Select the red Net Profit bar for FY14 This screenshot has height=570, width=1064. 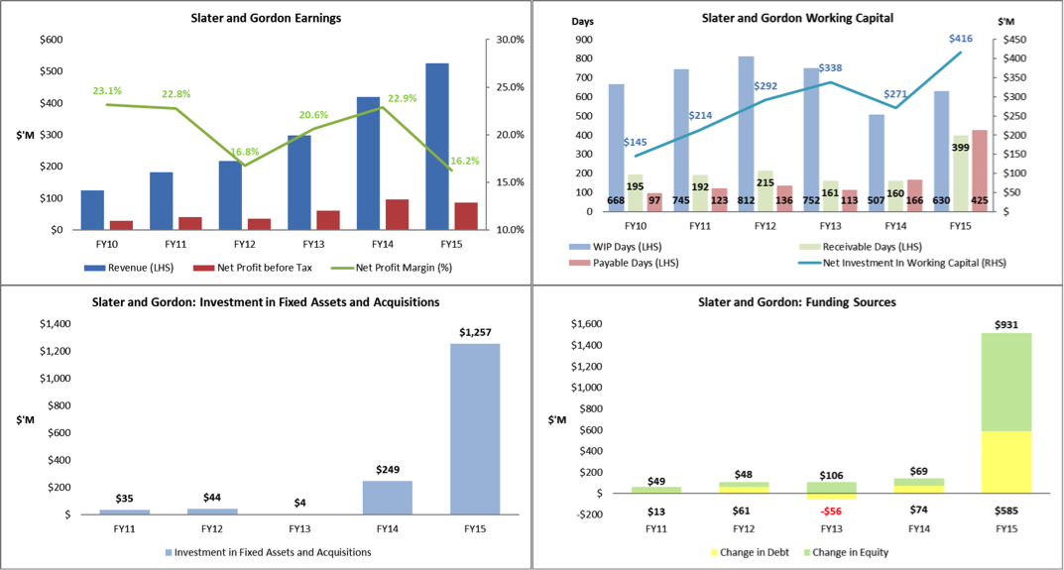click(x=397, y=214)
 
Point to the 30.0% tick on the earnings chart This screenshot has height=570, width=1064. click(x=509, y=40)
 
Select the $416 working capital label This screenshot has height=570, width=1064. click(x=961, y=39)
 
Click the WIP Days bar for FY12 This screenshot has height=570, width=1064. click(x=746, y=134)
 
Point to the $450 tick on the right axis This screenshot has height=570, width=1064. click(x=1011, y=40)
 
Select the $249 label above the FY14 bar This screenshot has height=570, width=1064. click(x=387, y=469)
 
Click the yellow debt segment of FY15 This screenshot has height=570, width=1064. click(x=1005, y=461)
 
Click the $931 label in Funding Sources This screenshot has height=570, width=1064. click(x=1005, y=323)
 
